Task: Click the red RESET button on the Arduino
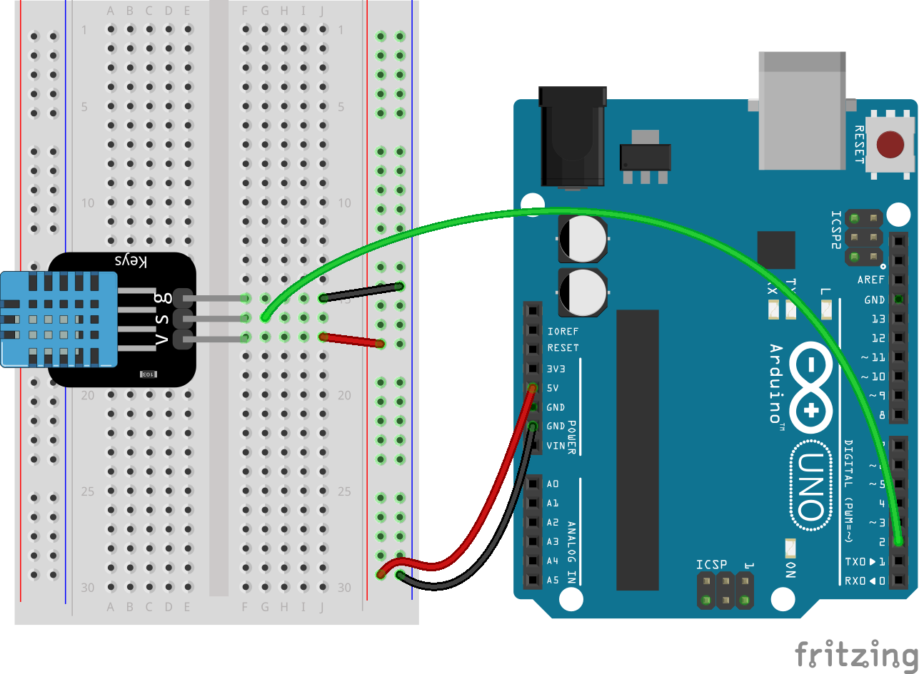[x=889, y=145]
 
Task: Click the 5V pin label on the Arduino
[x=553, y=388]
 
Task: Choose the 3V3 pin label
[x=556, y=369]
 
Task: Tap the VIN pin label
[x=556, y=446]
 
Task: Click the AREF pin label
[x=870, y=280]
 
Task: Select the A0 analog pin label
[x=553, y=484]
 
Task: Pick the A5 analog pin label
[x=553, y=580]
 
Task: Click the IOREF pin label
[x=563, y=332]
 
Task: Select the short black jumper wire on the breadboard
[x=361, y=292]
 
